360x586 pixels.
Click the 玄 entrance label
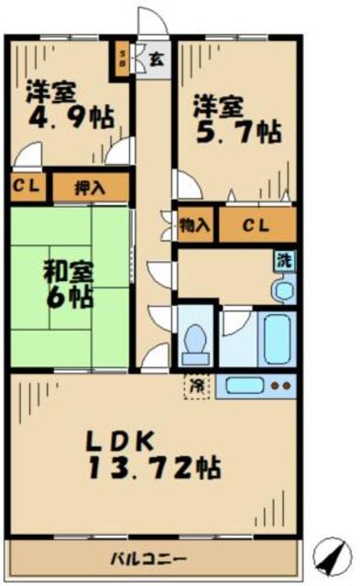point(157,60)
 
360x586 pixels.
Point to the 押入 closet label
point(91,188)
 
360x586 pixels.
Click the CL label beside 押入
point(26,187)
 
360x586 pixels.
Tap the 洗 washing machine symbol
point(286,259)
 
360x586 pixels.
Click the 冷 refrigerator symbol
point(195,385)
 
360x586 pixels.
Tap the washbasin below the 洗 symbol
point(282,289)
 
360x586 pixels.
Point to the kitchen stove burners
point(282,385)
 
